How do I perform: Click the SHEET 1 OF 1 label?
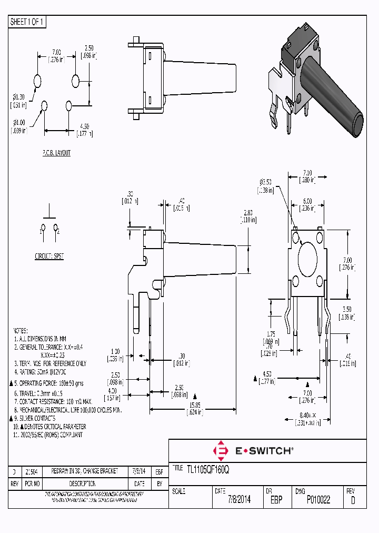click(x=28, y=22)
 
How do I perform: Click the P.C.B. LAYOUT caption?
click(x=56, y=153)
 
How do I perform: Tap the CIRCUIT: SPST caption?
click(x=49, y=256)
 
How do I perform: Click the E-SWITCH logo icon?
click(x=221, y=451)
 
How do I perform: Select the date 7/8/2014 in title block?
click(x=238, y=500)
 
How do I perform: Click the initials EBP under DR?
click(x=276, y=500)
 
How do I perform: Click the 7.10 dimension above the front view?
click(x=307, y=173)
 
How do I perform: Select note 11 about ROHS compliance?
click(x=47, y=435)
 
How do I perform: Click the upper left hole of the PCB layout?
click(x=37, y=81)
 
